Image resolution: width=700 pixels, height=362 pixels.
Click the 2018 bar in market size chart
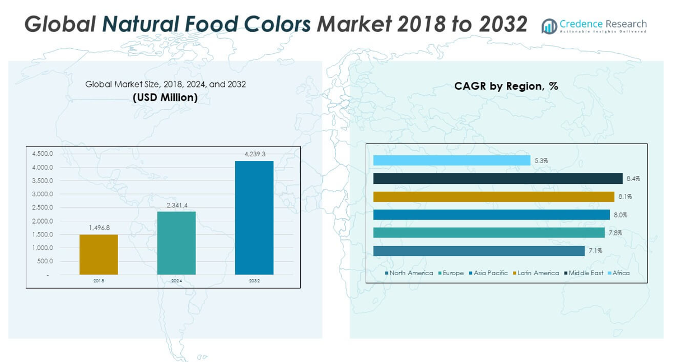click(x=99, y=254)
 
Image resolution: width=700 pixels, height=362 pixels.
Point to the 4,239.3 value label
click(x=254, y=154)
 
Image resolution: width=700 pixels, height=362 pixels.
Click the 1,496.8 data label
click(x=99, y=228)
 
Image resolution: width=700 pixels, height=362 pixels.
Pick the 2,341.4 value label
click(x=176, y=205)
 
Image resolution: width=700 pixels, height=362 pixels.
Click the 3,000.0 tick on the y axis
click(x=43, y=194)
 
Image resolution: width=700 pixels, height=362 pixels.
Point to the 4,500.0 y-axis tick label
click(x=43, y=154)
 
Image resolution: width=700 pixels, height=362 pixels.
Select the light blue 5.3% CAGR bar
click(x=451, y=160)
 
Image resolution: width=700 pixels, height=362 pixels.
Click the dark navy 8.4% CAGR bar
click(x=497, y=178)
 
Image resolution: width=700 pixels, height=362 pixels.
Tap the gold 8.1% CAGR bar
click(x=493, y=197)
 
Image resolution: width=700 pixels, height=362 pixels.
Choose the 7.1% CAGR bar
click(x=479, y=250)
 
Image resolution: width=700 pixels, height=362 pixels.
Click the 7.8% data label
click(x=615, y=233)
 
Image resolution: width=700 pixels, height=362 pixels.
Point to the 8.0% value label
click(x=620, y=215)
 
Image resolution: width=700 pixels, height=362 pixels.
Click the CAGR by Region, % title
click(x=506, y=86)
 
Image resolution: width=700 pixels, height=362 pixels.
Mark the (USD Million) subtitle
click(x=165, y=98)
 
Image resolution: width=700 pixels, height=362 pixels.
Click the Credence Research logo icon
click(x=549, y=26)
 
